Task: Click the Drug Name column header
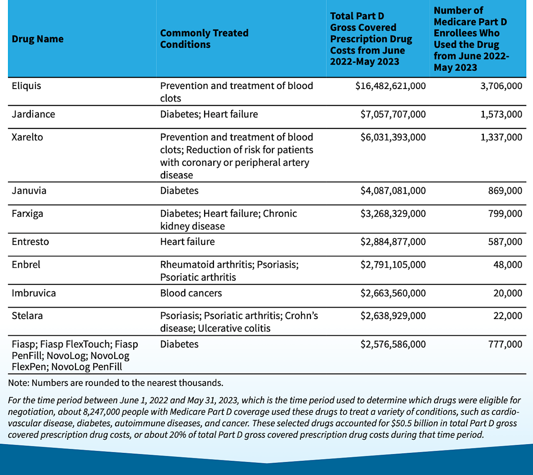click(x=37, y=39)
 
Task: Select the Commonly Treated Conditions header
click(x=204, y=39)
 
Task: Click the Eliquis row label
click(x=26, y=86)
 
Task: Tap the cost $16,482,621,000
click(x=391, y=86)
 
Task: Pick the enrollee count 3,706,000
click(x=501, y=86)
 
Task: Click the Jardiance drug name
click(x=33, y=114)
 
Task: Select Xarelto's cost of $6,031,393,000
click(x=393, y=137)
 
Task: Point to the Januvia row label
click(x=29, y=191)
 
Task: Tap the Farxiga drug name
click(x=27, y=214)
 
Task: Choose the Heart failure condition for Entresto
click(x=187, y=242)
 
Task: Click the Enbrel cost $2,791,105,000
click(x=393, y=265)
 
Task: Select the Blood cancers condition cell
click(x=191, y=293)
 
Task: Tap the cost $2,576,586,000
click(x=393, y=344)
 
